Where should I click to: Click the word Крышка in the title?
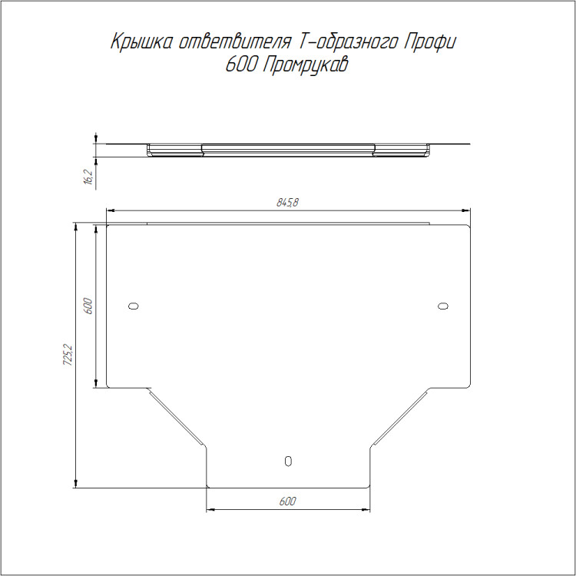tap(141, 42)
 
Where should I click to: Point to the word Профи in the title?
tap(430, 42)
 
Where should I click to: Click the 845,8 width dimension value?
tap(287, 202)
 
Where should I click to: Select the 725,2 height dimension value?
tap(68, 355)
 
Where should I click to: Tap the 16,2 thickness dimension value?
tap(89, 177)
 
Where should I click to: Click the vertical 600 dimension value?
tap(88, 306)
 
